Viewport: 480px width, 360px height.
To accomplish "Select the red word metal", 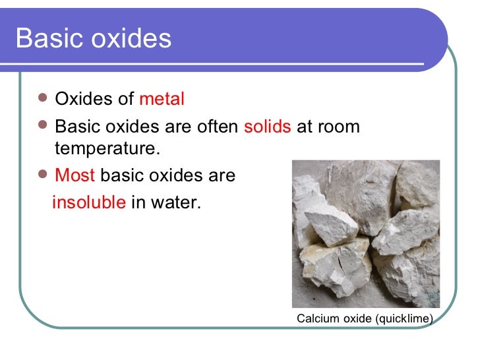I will pos(162,100).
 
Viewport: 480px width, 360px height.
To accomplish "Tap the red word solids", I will pos(267,127).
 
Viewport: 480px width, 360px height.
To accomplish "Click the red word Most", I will pos(75,176).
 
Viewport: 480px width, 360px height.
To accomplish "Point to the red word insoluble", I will pos(88,202).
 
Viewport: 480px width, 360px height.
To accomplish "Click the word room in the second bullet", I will pos(339,127).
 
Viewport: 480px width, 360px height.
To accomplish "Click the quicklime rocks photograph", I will pos(366,233).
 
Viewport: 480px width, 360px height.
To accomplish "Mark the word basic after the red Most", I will pos(121,176).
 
